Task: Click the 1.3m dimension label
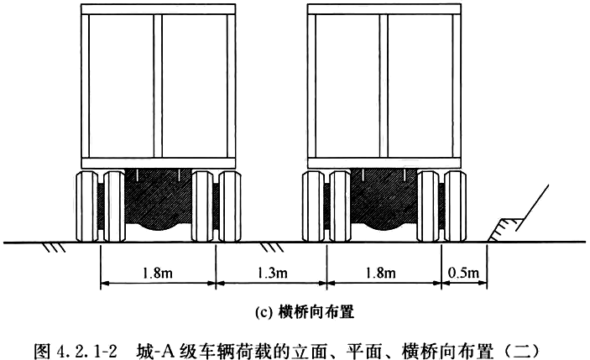pos(271,272)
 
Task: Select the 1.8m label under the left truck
pos(157,272)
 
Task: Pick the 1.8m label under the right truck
pos(382,272)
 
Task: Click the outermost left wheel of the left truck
pos(88,206)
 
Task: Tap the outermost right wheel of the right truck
pos(454,206)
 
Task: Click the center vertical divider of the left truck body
pos(157,84)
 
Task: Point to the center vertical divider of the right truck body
pos(382,84)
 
